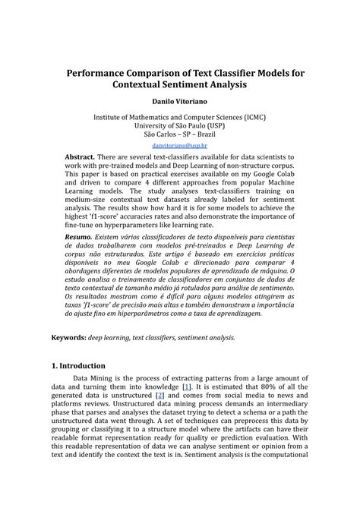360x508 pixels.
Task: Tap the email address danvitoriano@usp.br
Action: point(179,144)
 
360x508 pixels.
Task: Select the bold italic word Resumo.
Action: point(78,216)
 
